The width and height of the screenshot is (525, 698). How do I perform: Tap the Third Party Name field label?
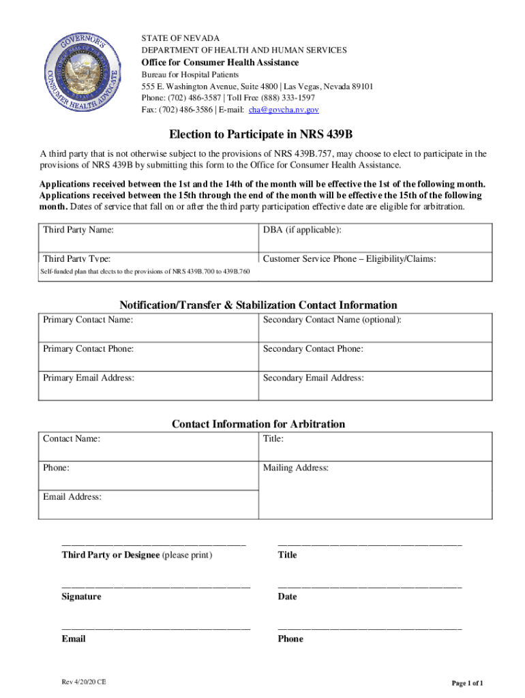point(78,230)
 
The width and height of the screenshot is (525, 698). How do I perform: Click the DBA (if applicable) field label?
point(301,230)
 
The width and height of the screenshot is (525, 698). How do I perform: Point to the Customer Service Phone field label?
point(349,259)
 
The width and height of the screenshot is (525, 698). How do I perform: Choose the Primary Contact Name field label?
point(88,320)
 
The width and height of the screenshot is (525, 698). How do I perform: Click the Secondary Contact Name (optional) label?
point(332,320)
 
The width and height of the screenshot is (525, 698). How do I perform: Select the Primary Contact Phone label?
point(88,349)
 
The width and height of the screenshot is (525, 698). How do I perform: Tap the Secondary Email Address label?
point(313,378)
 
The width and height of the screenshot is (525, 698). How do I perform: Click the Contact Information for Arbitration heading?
point(258,424)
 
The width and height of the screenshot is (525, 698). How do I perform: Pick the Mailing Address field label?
point(296,468)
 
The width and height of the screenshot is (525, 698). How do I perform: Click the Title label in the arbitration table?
point(273,439)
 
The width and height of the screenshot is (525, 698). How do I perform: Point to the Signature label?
point(81,597)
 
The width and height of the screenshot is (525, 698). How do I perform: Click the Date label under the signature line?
point(287,597)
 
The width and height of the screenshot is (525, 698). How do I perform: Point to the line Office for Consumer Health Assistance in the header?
point(220,63)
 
